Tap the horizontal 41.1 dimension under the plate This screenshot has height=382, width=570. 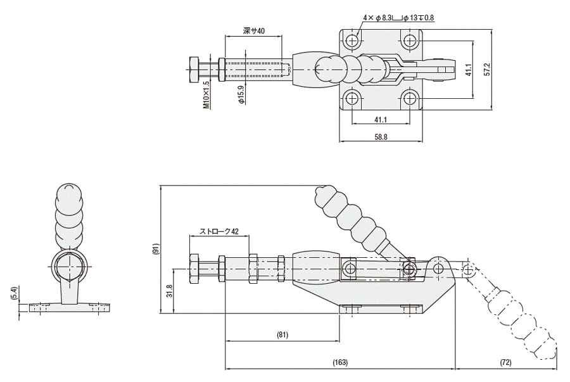coord(381,118)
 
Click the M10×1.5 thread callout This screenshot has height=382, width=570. coord(206,94)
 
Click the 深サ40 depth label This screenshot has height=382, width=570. coord(253,30)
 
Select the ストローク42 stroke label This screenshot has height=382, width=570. coord(218,231)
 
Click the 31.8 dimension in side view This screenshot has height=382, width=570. coord(169,291)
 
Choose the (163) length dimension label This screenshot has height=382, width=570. coord(340,363)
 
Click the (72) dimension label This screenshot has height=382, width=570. coord(506,363)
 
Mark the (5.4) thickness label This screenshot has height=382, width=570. coord(14,294)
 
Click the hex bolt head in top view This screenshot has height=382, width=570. coord(194,70)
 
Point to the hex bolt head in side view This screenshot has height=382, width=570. coord(194,270)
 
